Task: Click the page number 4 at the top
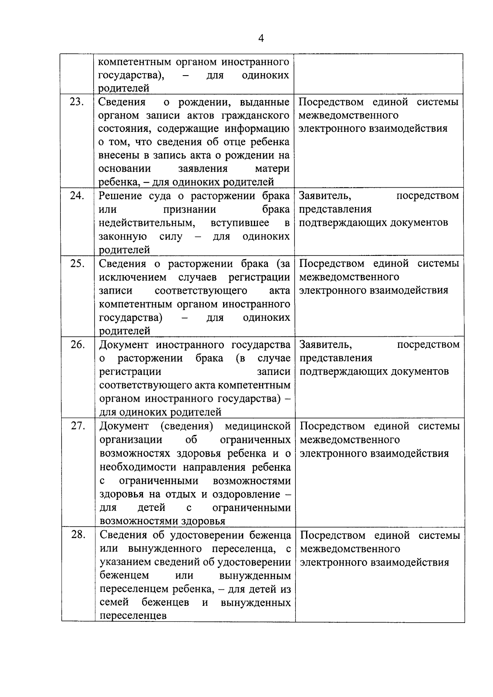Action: click(261, 38)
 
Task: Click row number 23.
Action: click(77, 102)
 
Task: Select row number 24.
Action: click(77, 196)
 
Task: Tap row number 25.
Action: click(77, 263)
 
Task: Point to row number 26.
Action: click(77, 344)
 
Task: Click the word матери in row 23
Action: click(272, 169)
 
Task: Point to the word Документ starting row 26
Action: click(124, 345)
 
